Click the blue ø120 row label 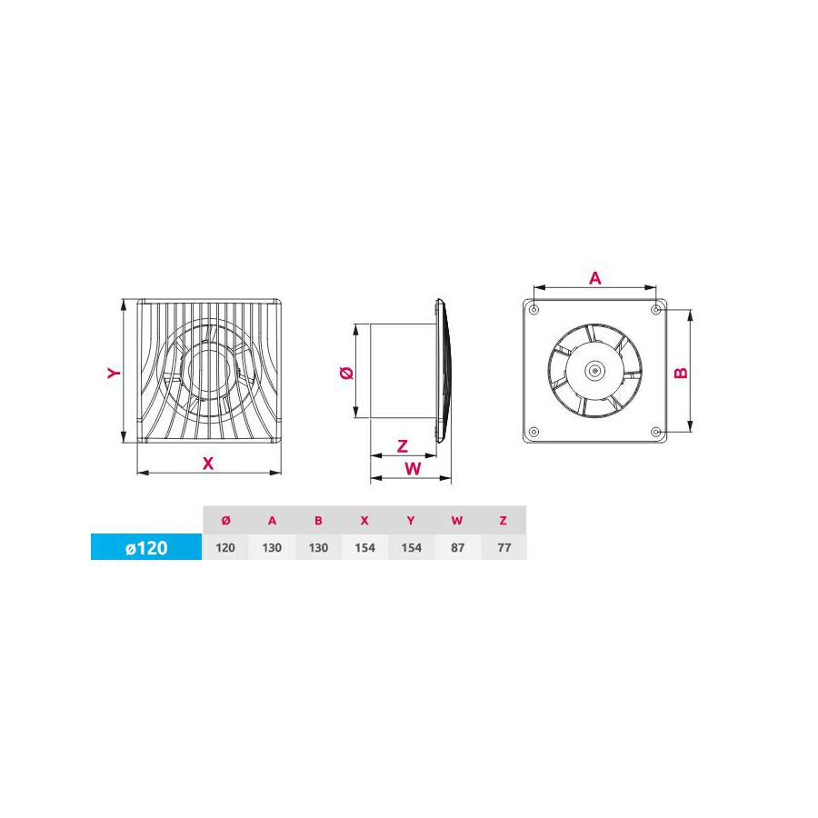145,548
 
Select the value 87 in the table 457,547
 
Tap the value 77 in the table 504,547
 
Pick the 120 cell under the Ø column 225,547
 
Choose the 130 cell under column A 272,547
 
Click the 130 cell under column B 318,547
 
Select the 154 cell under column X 364,547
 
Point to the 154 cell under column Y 411,547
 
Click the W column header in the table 457,520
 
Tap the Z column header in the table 504,520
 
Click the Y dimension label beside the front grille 113,373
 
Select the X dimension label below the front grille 208,463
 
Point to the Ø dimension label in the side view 344,373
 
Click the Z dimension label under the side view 403,445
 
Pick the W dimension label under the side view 412,468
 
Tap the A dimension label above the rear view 595,279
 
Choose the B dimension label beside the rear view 682,372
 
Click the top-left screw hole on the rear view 534,311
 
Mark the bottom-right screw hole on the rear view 656,431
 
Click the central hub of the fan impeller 594,371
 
